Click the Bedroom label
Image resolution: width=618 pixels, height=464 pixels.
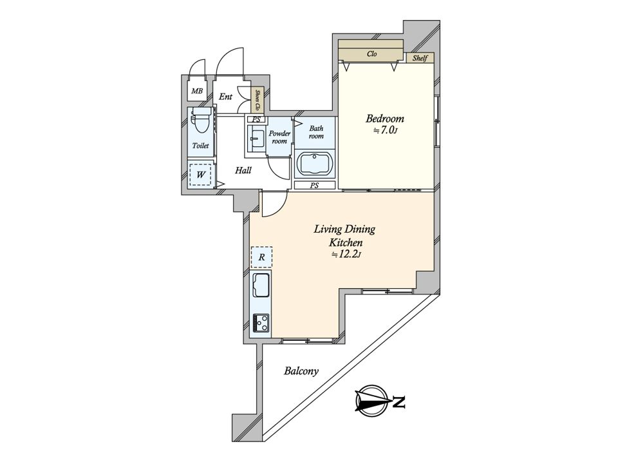click(x=385, y=119)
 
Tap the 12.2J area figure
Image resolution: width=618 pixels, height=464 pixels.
click(x=346, y=255)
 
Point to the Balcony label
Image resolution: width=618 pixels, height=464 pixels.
click(x=301, y=371)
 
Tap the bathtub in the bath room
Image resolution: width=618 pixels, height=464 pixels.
click(x=315, y=164)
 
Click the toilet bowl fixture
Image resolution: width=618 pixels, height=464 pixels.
click(x=201, y=122)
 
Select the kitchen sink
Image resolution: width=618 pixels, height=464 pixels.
click(x=261, y=285)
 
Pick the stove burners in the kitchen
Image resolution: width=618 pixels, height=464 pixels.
click(x=261, y=323)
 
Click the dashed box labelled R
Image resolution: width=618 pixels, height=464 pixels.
click(x=261, y=257)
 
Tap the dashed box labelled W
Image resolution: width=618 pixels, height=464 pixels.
click(x=200, y=174)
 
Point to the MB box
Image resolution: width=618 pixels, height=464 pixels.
click(x=197, y=92)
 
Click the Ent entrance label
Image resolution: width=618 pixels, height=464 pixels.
click(x=225, y=97)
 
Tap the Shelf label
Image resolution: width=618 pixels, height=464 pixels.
click(x=420, y=58)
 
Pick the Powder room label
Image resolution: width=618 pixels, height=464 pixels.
click(x=279, y=137)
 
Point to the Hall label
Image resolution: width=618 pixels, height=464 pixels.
click(x=243, y=170)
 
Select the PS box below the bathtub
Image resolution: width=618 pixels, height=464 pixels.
click(x=315, y=185)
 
